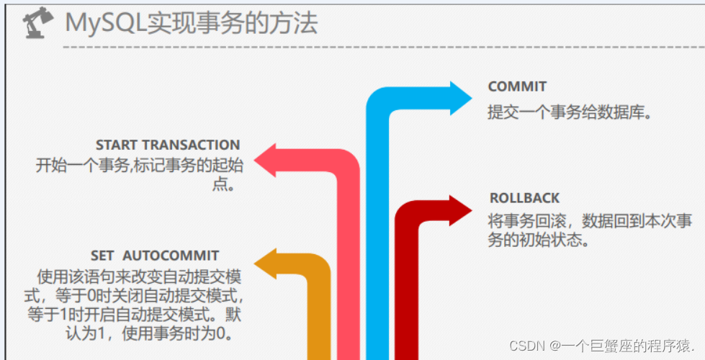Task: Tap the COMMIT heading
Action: point(517,86)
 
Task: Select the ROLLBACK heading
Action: point(524,198)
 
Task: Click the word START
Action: point(116,145)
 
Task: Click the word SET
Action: point(103,256)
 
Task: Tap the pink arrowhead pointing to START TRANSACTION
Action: point(268,160)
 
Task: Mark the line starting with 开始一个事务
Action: point(140,165)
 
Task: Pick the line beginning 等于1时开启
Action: point(135,315)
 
